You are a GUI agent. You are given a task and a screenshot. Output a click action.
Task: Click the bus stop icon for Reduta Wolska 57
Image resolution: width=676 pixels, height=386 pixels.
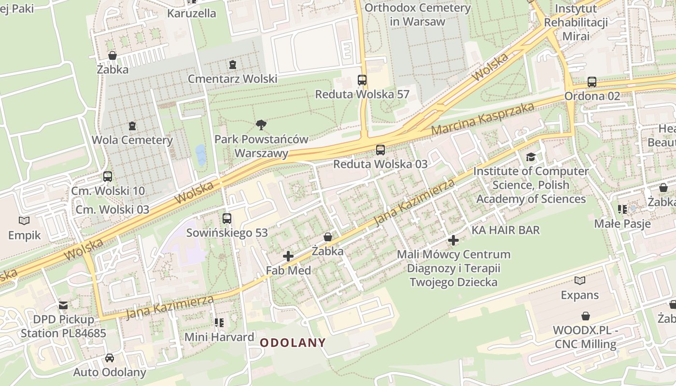point(362,80)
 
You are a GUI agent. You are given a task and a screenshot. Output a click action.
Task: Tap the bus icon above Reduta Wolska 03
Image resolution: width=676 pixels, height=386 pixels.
point(380,150)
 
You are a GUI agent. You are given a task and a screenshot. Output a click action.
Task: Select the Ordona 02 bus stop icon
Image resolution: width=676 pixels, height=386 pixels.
point(592,82)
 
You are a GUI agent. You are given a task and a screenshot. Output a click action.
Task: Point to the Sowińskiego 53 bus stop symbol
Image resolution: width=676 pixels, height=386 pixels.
point(226,219)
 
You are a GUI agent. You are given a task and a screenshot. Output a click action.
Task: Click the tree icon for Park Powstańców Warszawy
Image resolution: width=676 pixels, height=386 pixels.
point(261,125)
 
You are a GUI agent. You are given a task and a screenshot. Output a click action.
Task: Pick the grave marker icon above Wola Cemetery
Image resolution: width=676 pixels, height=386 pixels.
point(132,126)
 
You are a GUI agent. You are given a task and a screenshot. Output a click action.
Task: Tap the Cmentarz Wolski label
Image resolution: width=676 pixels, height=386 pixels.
point(232,79)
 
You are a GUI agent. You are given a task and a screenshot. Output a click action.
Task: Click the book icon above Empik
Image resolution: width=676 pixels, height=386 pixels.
point(24,221)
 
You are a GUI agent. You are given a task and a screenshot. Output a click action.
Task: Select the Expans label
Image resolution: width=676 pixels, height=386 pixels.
point(579,295)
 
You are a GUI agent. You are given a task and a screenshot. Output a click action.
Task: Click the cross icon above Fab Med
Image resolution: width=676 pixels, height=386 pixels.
point(288,256)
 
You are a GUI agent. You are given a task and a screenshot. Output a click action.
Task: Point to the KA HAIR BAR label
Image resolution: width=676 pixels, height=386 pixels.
point(506,230)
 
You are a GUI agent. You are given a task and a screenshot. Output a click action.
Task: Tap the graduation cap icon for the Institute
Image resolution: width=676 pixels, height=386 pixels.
point(531,157)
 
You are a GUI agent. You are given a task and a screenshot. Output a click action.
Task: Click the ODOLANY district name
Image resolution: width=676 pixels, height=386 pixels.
point(293,343)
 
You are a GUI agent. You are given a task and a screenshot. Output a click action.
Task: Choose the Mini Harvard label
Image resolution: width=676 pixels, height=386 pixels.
point(219,337)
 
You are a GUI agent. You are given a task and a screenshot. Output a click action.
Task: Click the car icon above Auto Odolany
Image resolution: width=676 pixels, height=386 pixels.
point(110,358)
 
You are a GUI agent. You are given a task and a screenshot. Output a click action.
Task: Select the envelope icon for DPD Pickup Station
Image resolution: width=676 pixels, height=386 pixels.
point(63,305)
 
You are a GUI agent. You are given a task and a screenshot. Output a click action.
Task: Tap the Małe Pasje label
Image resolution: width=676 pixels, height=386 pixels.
point(622,224)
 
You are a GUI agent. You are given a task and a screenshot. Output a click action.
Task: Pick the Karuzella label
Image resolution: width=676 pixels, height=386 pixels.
point(192,13)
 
